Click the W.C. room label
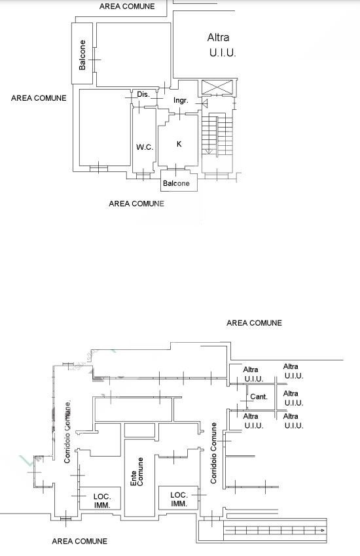point(145,147)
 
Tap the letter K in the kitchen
point(179,144)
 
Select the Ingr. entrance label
point(181,100)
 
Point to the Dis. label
point(143,94)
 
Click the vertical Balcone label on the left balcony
point(82,55)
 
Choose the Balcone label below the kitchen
point(176,183)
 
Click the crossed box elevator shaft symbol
point(217,87)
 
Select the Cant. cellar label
point(259,396)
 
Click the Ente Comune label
point(137,472)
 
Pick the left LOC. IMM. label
point(102,500)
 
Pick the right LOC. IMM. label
point(179,499)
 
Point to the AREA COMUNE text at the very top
point(127,7)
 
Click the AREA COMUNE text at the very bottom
point(79,541)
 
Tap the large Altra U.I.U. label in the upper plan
point(221,45)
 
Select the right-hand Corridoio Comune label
point(213,453)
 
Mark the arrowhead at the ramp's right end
point(321,530)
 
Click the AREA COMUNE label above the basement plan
point(255,323)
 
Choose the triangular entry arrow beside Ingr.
point(205,103)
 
